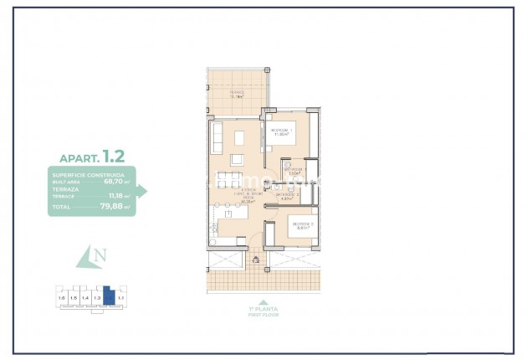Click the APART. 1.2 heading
pos(92,157)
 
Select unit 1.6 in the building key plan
pos(61,297)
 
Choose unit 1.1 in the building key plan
pos(120,297)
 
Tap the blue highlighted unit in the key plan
pos(108,296)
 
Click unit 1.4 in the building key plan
pos(84,297)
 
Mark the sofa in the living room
pos(215,136)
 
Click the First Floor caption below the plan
pos(263,314)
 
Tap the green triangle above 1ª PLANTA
pos(263,302)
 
